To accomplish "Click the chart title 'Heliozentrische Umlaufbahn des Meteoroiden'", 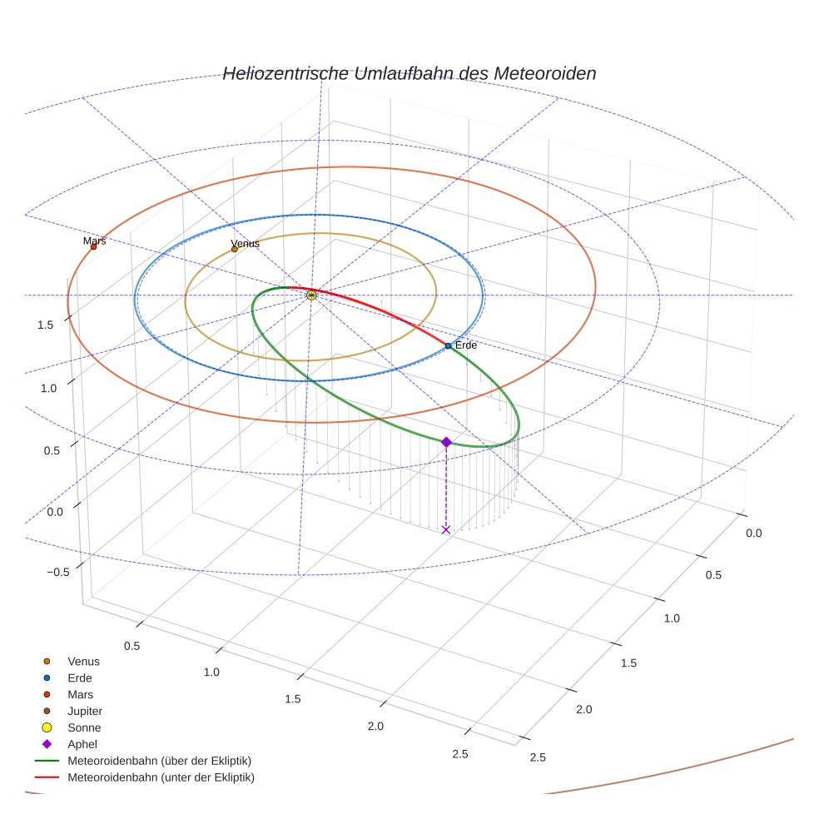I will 409,73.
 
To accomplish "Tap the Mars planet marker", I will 93,246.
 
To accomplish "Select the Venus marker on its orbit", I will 234,249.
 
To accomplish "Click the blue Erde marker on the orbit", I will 448,345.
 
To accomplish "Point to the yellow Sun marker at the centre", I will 311,295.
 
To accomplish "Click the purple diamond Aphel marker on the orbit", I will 446,442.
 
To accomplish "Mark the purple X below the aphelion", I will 446,529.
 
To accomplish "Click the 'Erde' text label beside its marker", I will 465,345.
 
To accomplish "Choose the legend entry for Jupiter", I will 85,711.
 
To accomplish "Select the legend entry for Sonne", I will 84,727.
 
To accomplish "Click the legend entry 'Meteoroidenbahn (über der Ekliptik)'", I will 159,761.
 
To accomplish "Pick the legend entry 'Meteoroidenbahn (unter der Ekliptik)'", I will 161,777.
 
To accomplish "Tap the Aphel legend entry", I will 82,744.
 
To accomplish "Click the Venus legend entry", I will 83,661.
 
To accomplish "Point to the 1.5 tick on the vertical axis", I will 46,325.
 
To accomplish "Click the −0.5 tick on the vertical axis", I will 57,572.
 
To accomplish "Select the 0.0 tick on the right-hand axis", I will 753,533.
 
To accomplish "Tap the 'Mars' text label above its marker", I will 95,241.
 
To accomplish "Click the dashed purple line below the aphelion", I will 446,487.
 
